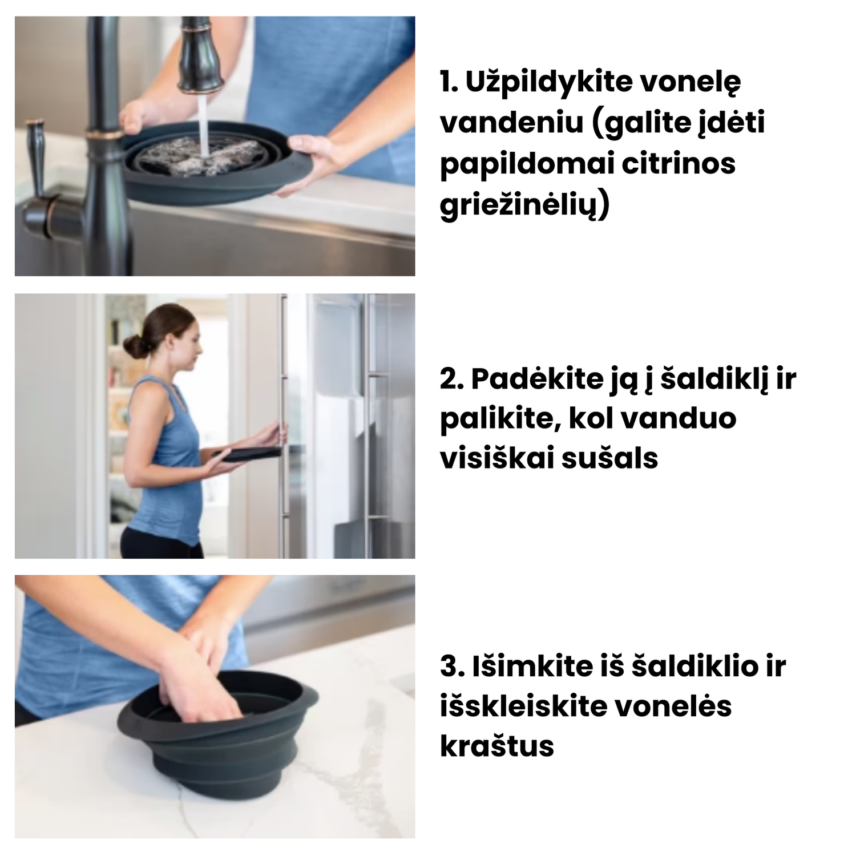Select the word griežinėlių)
click(x=524, y=205)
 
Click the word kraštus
click(x=497, y=746)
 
